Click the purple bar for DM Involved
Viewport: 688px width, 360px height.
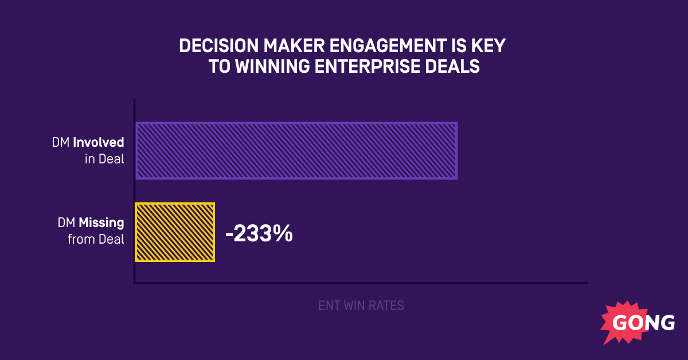(296, 151)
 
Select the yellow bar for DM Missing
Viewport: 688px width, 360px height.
(175, 232)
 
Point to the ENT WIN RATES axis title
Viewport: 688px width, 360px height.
(361, 306)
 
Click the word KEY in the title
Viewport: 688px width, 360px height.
(490, 46)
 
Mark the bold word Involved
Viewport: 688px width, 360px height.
(99, 142)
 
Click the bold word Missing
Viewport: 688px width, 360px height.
(101, 222)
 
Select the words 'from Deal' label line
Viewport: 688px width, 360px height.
(96, 239)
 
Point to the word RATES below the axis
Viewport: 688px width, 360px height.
(388, 306)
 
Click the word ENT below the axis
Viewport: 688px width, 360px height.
(329, 306)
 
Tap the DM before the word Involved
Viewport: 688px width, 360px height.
(61, 142)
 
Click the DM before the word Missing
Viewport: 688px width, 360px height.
(67, 222)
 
